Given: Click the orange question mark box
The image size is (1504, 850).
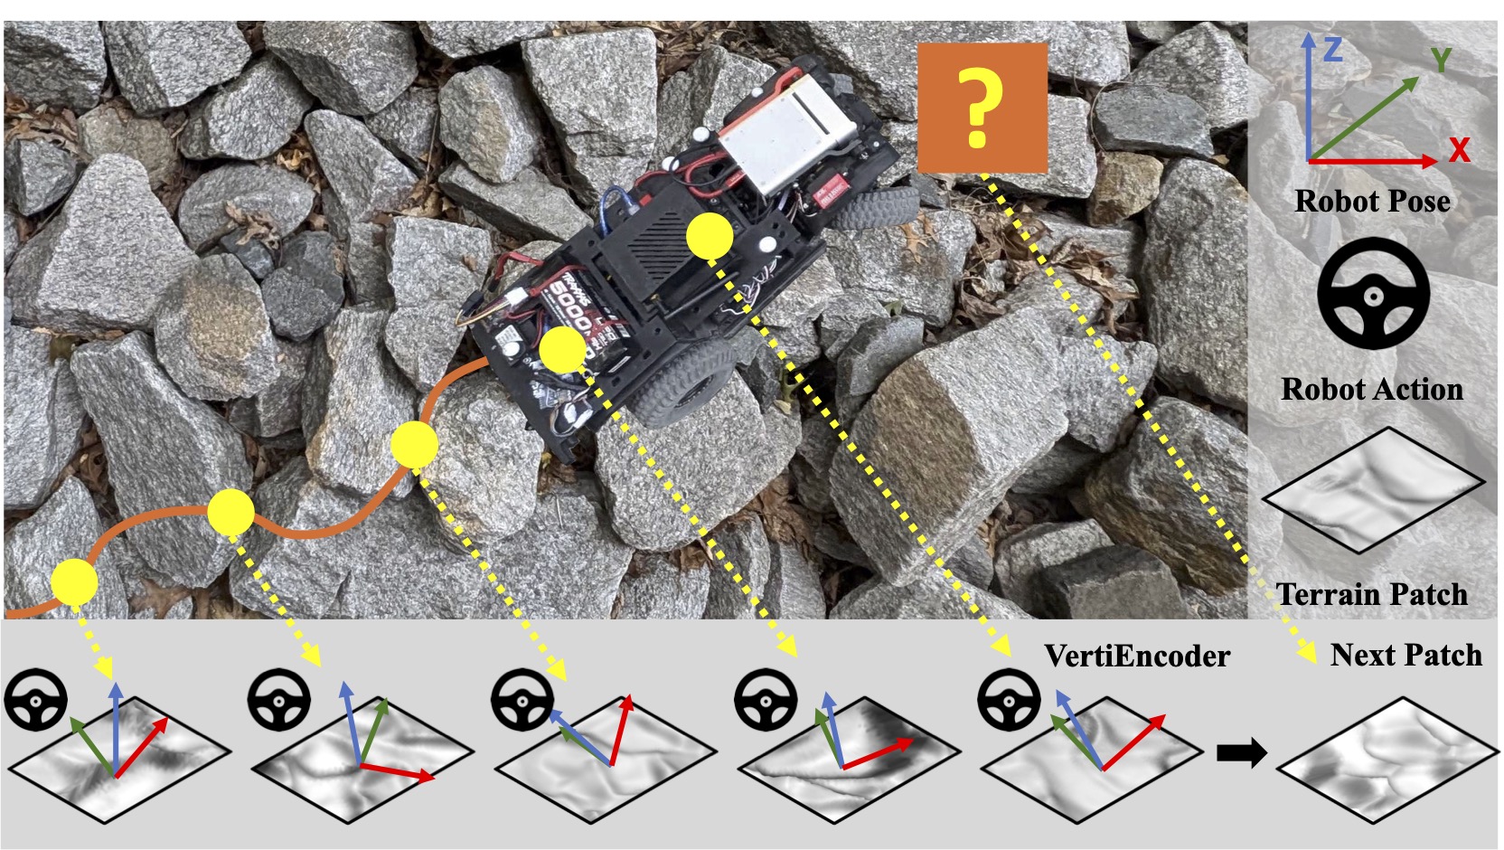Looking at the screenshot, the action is (982, 108).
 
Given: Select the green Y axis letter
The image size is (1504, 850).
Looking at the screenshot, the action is (1441, 60).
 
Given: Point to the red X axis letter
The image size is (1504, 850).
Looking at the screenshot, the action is (1459, 149).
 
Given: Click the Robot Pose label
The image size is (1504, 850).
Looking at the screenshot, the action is (1372, 200).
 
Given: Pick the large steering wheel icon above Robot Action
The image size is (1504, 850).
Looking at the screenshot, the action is (1373, 293).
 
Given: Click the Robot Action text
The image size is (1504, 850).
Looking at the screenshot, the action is (1372, 389).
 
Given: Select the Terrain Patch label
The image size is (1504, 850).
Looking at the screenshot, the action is (1372, 594).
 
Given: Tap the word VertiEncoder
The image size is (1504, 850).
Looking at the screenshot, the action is (1137, 656).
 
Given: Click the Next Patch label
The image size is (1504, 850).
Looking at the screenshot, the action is (1406, 655).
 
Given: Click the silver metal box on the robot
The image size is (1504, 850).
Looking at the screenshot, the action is (787, 132).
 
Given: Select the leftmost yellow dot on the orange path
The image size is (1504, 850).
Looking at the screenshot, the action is (74, 581).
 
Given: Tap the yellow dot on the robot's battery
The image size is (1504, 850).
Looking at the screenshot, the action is (563, 349).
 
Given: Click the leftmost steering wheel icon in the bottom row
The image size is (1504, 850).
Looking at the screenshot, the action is (35, 700).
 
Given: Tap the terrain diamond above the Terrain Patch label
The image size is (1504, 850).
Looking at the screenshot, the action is (1373, 490).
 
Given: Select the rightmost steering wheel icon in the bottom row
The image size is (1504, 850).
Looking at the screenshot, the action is (1010, 700).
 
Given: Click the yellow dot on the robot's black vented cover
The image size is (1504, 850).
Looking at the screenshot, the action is (710, 237).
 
